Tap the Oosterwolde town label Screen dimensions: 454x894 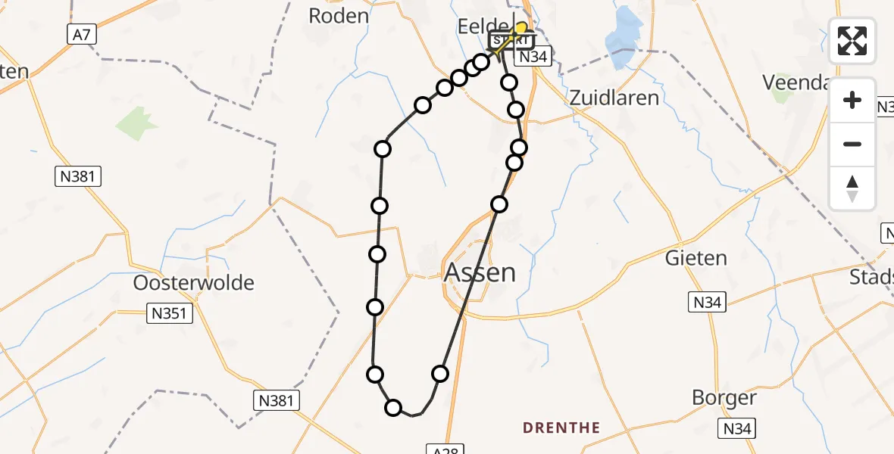[x=193, y=283]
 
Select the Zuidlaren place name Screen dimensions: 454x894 [x=614, y=97]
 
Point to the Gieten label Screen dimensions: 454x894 [x=696, y=258]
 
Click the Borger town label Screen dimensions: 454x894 [x=724, y=398]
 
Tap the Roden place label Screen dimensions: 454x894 [x=339, y=15]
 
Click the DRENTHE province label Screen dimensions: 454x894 [x=561, y=428]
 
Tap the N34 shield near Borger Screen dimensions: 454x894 [x=738, y=429]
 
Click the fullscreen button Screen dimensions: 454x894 [x=852, y=41]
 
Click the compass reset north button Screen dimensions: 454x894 [x=852, y=188]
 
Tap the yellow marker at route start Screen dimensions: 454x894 [x=521, y=29]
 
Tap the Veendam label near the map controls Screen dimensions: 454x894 [x=795, y=81]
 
